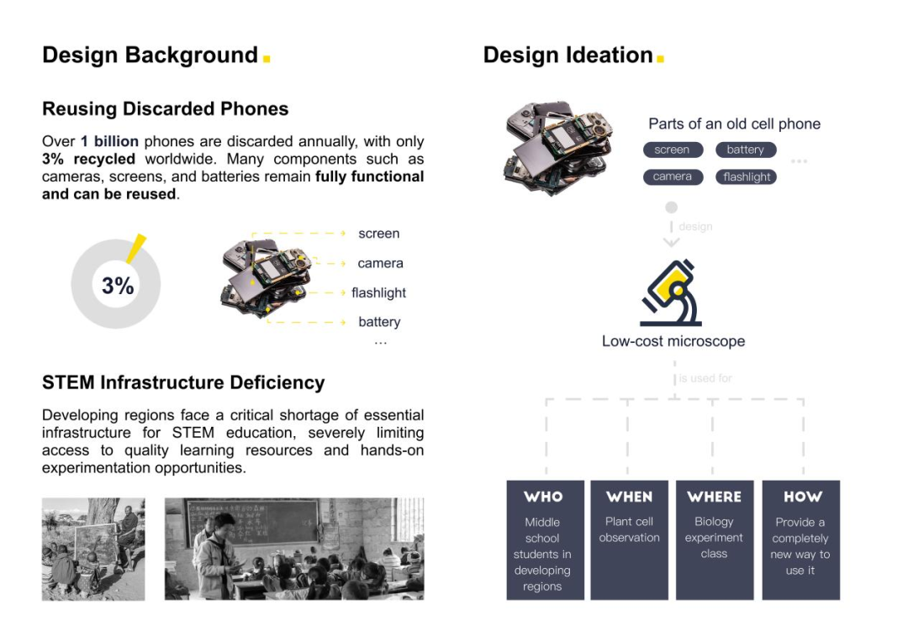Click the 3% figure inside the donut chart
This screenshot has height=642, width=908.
point(118,286)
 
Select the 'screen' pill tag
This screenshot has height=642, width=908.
point(673,150)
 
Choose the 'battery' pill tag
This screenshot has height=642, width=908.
point(746,150)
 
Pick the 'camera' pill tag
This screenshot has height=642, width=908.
point(673,176)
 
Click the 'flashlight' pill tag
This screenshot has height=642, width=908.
point(746,176)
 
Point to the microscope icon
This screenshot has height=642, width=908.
point(671,293)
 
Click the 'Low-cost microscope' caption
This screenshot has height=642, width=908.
point(673,341)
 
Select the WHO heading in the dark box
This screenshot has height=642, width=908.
point(543,497)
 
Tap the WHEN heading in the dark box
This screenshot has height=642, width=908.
point(630,497)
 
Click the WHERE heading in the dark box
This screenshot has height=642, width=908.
point(715,497)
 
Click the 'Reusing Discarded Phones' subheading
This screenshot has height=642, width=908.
point(165,109)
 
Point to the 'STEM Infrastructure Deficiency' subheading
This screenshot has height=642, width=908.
point(183,382)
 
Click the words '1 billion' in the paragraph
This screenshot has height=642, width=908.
point(109,141)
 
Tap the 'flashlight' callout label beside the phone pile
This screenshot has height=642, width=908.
point(378,293)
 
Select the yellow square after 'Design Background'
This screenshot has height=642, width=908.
point(267,59)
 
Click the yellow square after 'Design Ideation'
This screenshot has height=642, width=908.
point(660,59)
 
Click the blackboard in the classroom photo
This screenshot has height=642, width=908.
point(252,522)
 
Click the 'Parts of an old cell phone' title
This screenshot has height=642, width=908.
point(734,124)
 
